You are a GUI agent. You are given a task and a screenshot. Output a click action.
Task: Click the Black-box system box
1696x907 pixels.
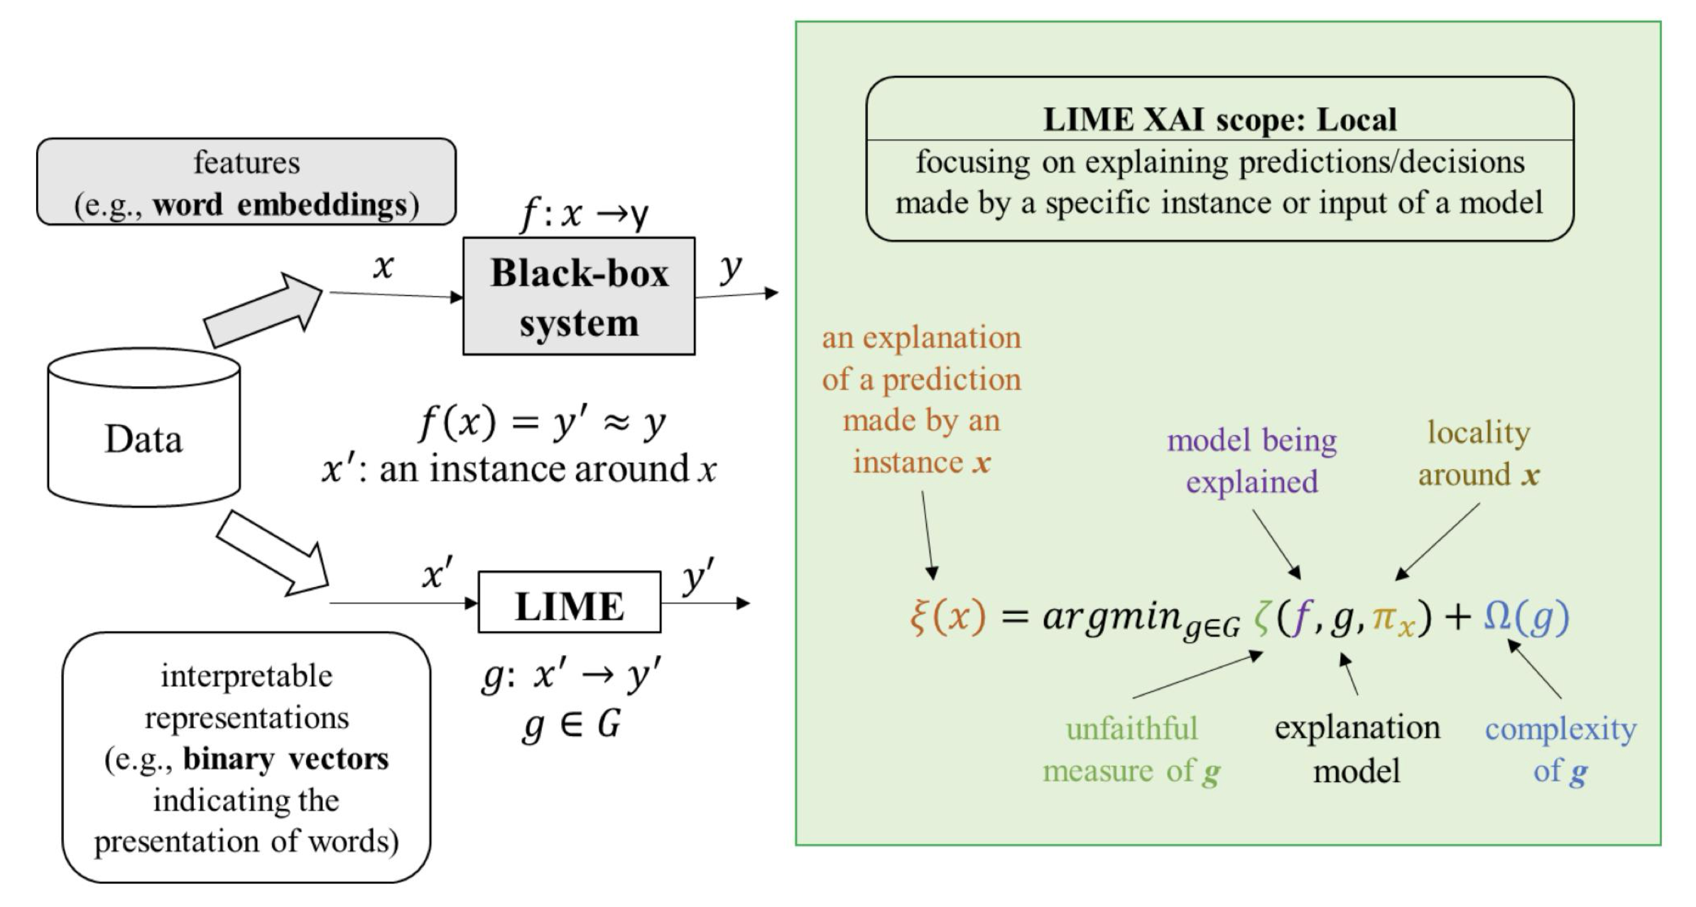pos(578,296)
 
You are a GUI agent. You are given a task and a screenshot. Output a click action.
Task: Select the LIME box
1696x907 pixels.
pos(569,603)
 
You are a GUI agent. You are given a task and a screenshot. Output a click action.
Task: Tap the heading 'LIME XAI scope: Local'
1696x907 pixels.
pos(1219,119)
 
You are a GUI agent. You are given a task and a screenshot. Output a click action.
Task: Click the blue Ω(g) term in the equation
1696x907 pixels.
pos(1526,616)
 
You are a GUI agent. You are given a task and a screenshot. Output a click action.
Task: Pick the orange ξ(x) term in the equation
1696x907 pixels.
pos(947,616)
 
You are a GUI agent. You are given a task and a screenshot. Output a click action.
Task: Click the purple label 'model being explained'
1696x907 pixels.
pos(1251,461)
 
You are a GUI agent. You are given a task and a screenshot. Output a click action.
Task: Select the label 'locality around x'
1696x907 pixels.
pos(1479,453)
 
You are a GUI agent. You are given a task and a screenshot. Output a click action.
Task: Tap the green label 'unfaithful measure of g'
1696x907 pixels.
pos(1131,749)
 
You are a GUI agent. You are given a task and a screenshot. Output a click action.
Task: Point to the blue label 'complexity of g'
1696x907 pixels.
pos(1560,749)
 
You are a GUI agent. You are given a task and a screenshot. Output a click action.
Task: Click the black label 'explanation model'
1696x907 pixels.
pos(1357,749)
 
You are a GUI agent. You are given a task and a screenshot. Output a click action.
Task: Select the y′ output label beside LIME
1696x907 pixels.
pos(697,576)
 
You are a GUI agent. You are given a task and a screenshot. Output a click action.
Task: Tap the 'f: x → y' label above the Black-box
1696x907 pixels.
pos(584,213)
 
